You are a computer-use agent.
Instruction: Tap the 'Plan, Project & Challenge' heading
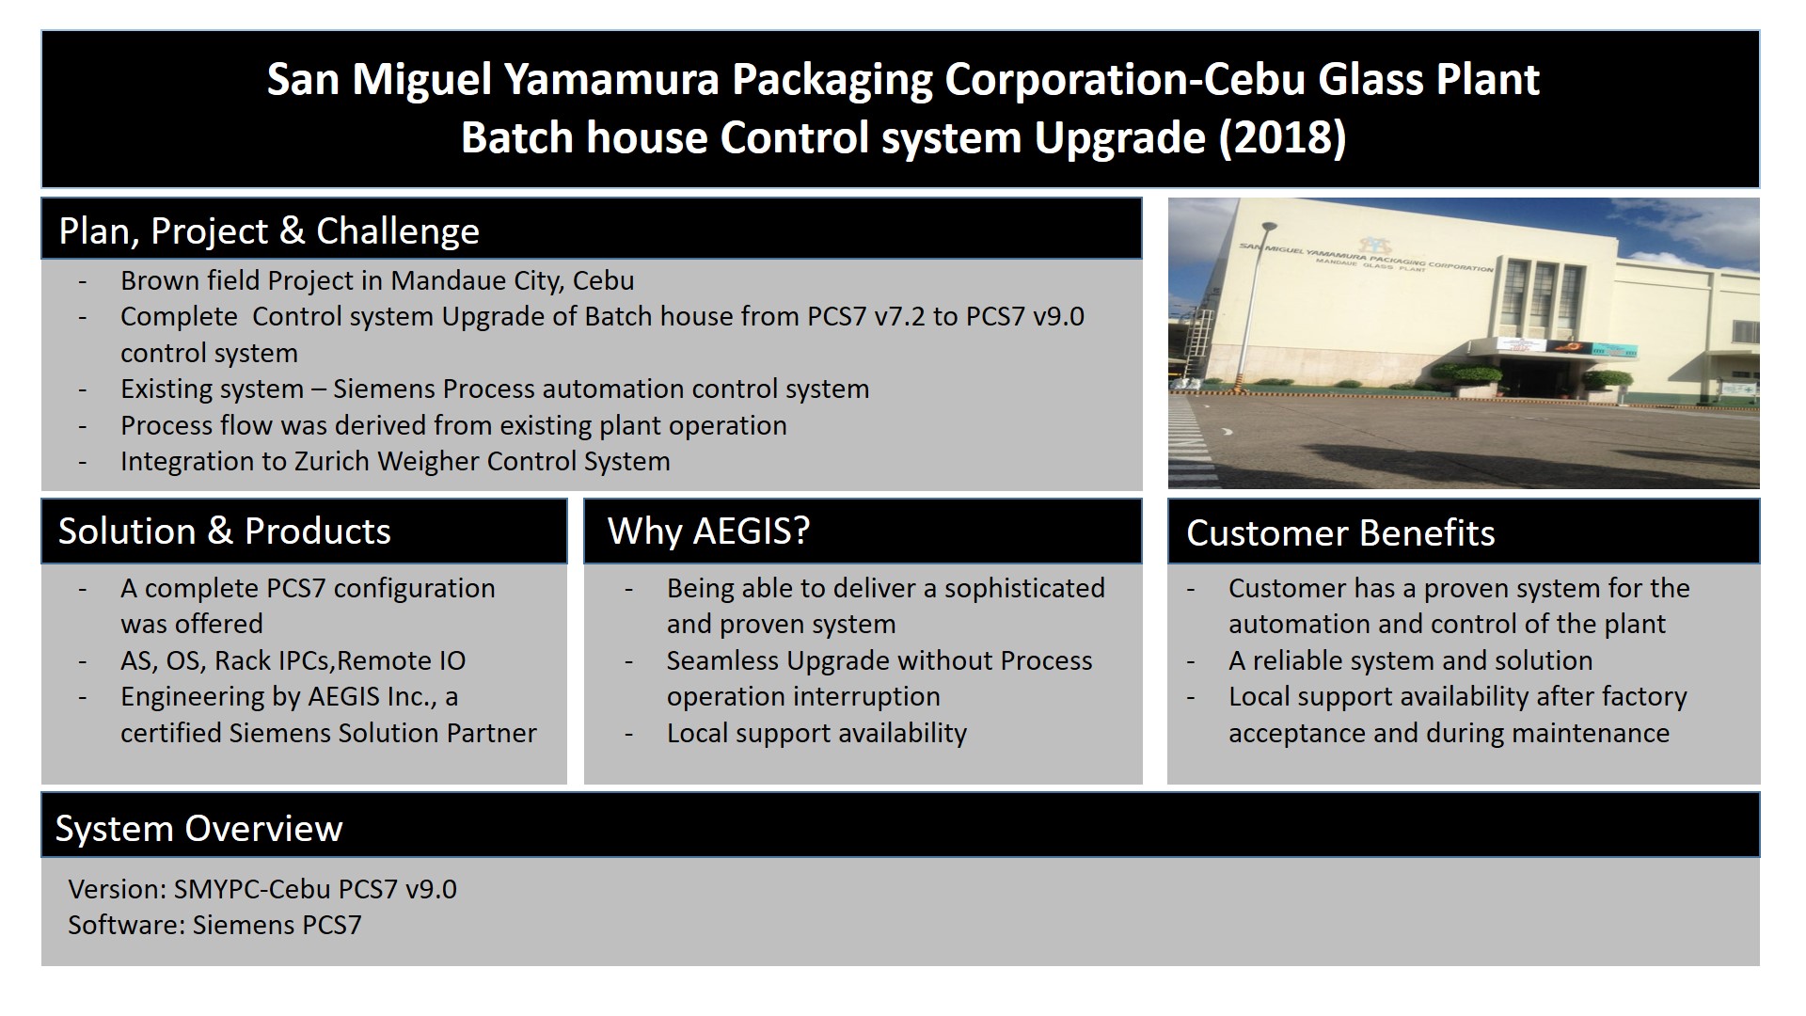(269, 230)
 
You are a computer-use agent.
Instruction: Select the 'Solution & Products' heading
(225, 532)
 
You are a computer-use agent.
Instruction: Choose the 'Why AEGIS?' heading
(708, 532)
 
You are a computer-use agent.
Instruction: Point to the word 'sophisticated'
(1024, 589)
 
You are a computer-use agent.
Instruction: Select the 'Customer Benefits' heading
(1340, 533)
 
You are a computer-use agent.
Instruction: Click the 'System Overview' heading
(199, 829)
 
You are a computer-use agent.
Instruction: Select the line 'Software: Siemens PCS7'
(214, 925)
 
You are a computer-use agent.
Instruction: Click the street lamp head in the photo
(1269, 227)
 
